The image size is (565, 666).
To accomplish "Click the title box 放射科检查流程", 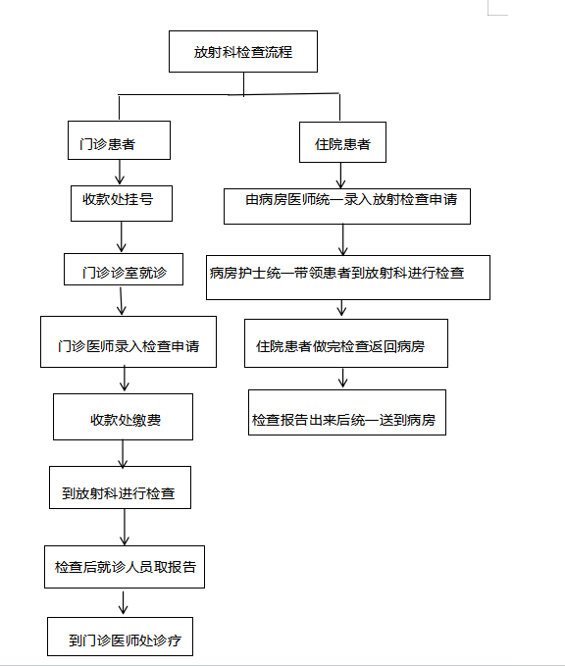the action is coord(243,51).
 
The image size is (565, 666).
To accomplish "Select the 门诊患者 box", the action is coord(119,140).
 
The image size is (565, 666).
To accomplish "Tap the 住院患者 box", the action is coord(342,142).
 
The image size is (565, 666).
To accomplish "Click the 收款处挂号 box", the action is coord(122,203).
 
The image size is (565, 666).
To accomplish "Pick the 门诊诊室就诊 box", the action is coord(124,270).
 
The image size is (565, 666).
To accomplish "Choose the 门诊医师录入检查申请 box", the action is coord(128,342).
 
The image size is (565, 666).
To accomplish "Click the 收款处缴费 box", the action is coord(123,417).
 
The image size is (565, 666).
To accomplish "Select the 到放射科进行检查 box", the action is coord(121,487).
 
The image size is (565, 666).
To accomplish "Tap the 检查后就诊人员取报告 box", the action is coord(125,567).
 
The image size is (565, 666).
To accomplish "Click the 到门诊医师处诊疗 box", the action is coord(121,637).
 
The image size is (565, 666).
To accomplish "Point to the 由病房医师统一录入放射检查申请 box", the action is coord(347,206).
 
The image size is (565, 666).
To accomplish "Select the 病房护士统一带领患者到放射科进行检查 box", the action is coord(348,278).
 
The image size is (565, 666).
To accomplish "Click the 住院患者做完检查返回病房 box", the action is coord(346,343).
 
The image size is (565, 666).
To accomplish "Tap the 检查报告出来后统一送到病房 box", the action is coord(347,412).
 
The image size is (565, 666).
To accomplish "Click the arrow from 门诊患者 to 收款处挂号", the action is coord(120,172).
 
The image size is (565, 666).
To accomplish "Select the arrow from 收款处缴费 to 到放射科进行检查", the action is coord(123,453).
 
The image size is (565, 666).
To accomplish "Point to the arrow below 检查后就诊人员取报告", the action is coord(124,602).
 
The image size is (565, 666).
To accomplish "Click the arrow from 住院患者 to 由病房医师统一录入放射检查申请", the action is coord(340,176).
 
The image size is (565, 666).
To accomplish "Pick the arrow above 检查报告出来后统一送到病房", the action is coord(342,378).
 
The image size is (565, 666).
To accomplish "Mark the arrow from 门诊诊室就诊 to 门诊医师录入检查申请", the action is coord(121,301).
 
